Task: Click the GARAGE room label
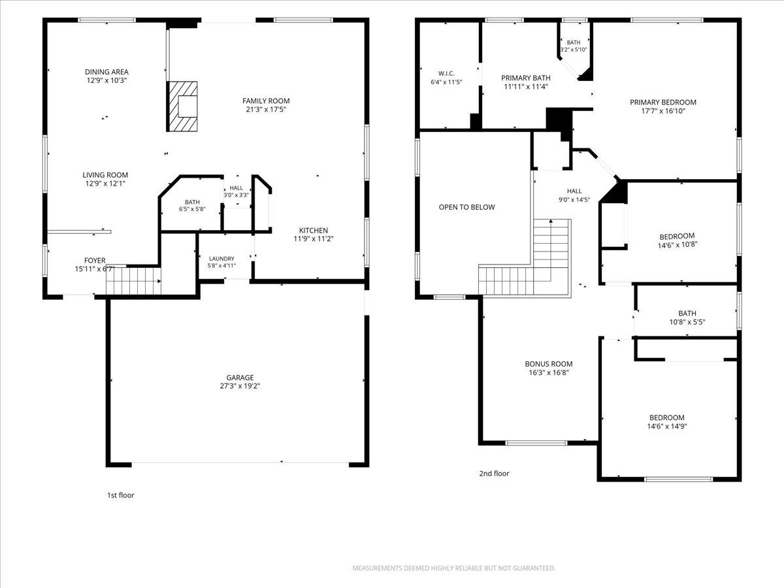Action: point(240,378)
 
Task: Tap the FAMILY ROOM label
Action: point(266,101)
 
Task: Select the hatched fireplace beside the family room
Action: point(182,106)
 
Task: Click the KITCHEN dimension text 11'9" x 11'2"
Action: point(313,239)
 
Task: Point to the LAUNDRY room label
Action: point(221,259)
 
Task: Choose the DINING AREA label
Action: point(106,72)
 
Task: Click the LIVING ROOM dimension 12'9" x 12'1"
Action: point(105,184)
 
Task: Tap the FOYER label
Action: point(95,260)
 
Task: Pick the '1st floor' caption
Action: point(121,495)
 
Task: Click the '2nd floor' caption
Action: point(494,474)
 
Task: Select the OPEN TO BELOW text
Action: point(467,207)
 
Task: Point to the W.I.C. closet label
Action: point(446,74)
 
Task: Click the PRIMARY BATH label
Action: point(526,78)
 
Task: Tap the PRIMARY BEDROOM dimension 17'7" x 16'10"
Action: point(663,111)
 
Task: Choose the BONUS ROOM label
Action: point(549,364)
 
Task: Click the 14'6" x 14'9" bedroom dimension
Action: point(667,426)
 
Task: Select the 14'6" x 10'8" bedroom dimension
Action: point(678,245)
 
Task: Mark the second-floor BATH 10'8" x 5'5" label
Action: point(687,314)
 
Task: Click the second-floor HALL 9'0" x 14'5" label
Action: point(574,191)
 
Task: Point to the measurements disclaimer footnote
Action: point(453,568)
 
